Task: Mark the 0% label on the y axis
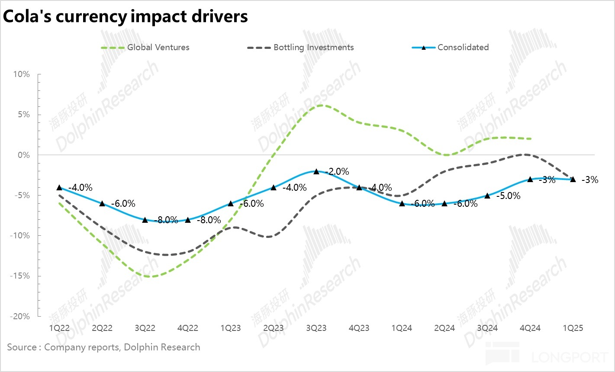pos(24,155)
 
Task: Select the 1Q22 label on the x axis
pos(59,328)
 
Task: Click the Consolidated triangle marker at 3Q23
pos(316,171)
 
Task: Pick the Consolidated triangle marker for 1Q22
pos(59,187)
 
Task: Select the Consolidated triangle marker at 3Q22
pos(145,220)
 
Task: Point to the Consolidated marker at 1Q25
pos(573,179)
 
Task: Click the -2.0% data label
pos(337,172)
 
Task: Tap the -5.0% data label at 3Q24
pos(508,196)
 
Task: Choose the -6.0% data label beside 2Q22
pos(123,204)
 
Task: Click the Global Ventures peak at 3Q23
pos(319,105)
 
